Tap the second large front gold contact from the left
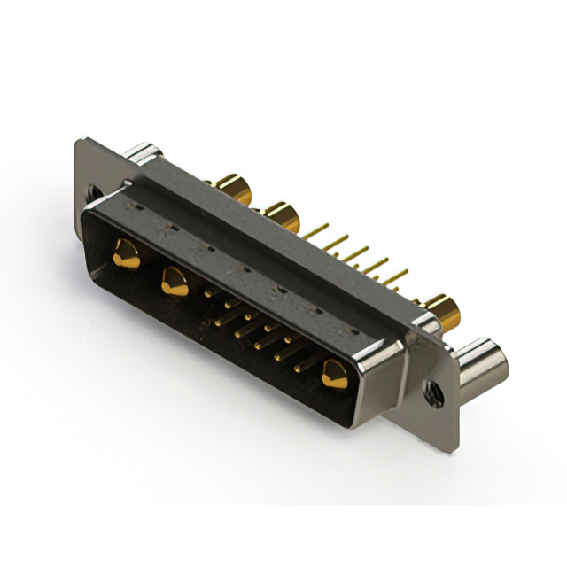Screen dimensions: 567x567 pos(172,283)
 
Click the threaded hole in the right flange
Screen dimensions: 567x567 pos(434,388)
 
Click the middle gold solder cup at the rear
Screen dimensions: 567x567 pos(281,216)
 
